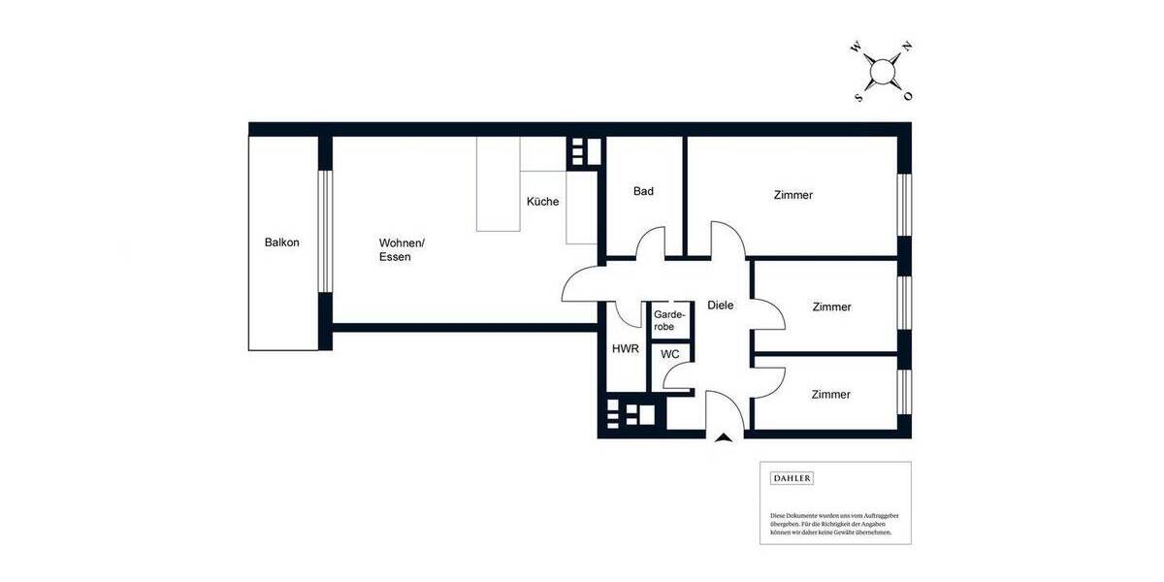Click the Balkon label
[x=281, y=242]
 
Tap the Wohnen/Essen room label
[x=401, y=250]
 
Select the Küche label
[x=542, y=202]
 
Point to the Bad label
[x=643, y=191]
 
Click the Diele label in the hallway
[x=720, y=305]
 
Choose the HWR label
[x=625, y=349]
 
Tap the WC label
[x=669, y=355]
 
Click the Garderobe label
[x=669, y=320]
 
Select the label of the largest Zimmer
[x=792, y=195]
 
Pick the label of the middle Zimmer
[x=831, y=307]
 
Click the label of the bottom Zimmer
[x=830, y=394]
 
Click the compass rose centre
[x=882, y=72]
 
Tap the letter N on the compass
[x=906, y=47]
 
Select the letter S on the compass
[x=857, y=97]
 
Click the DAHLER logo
[x=791, y=478]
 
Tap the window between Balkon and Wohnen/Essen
[x=326, y=233]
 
